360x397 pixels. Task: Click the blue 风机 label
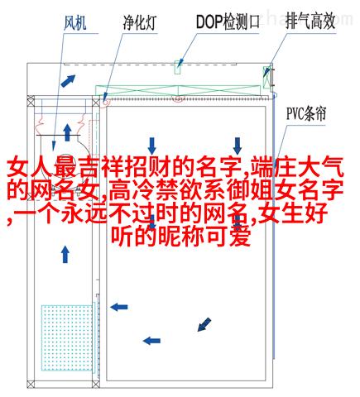pos(75,23)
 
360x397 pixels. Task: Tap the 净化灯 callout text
pos(140,22)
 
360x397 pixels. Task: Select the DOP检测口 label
pos(228,22)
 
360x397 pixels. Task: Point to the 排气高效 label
pos(310,21)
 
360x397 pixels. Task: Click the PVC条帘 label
pos(306,113)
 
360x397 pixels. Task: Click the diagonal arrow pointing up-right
pos(68,80)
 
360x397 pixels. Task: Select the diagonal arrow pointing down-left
pos(204,324)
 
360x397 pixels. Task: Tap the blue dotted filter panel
pos(67,337)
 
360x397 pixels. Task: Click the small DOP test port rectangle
pos(178,67)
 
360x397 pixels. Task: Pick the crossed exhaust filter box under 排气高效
pos(266,78)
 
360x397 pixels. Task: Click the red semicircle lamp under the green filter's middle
pos(178,99)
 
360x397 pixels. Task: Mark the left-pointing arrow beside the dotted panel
pos(119,307)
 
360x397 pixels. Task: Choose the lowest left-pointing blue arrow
pos(151,341)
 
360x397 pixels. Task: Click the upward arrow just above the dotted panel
pos(65,255)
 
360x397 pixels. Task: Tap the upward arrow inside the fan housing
pos(67,132)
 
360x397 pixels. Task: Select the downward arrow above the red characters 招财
pos(151,146)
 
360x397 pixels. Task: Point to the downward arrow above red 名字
pos(238,146)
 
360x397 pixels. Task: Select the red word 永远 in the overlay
pos(84,213)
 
